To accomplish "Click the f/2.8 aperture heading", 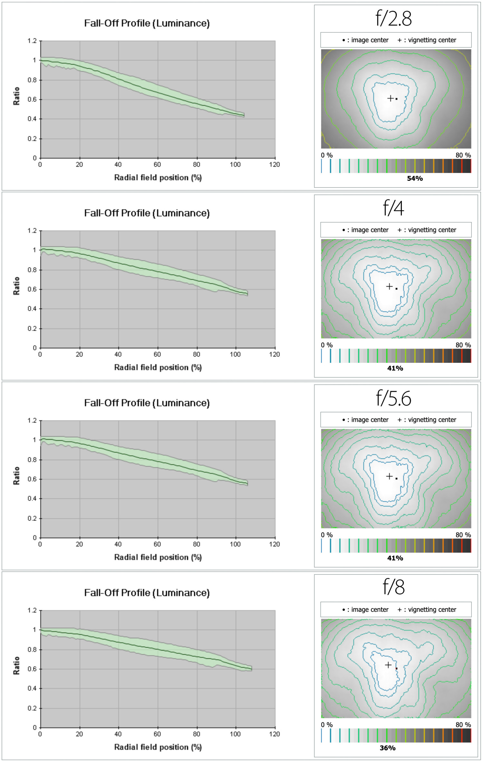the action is point(393,18).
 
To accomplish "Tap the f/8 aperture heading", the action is point(393,588).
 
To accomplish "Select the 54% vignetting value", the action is point(415,178).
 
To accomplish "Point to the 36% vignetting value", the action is point(388,748).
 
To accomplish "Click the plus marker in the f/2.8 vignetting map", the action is point(391,98).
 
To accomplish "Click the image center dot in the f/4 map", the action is point(396,289).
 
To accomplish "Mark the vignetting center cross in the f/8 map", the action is point(389,665).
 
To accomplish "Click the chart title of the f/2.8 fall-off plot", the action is point(147,23).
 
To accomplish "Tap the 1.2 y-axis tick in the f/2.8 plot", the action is point(32,41).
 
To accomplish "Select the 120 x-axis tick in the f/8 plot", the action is point(275,734).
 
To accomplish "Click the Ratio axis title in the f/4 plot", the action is point(16,286).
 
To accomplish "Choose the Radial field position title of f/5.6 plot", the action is point(158,557).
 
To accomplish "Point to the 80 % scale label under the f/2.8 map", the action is point(463,155).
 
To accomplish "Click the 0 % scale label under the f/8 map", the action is point(327,725).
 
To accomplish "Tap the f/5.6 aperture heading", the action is point(393,398).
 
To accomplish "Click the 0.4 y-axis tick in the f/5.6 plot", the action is point(32,499).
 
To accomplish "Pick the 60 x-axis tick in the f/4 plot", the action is point(157,354).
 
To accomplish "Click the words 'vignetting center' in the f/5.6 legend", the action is point(432,420).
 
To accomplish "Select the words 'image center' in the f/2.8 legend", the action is point(370,40).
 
